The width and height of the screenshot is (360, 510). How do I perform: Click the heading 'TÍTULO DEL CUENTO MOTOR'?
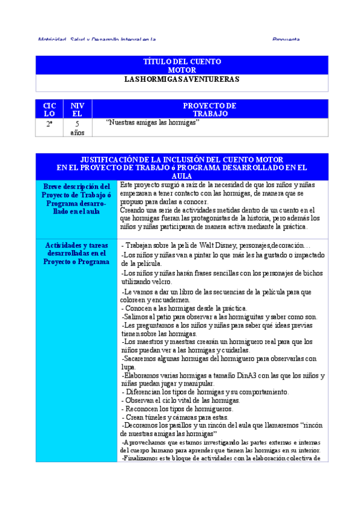pos(182,66)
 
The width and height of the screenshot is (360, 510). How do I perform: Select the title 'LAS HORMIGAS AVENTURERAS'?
pos(182,79)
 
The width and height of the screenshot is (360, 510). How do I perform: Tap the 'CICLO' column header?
pos(49,109)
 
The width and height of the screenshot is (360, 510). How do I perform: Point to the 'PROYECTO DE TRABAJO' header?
pos(210,109)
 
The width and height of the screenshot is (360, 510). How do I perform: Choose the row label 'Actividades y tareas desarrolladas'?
pos(77,254)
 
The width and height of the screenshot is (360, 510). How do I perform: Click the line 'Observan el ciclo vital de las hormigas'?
pos(181,401)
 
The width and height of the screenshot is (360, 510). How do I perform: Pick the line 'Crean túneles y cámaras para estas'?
pos(175,417)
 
